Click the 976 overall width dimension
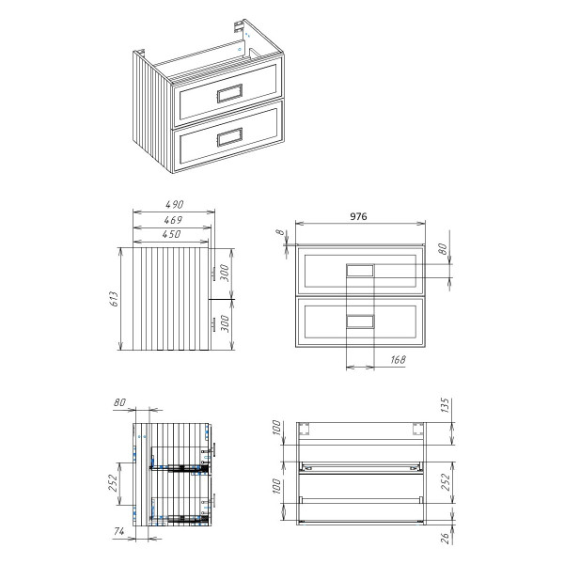click(358, 216)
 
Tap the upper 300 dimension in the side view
click(225, 274)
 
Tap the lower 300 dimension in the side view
click(225, 324)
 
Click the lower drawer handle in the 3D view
click(230, 138)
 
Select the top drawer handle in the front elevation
click(360, 270)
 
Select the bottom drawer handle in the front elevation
click(360, 321)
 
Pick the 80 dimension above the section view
click(119, 403)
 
